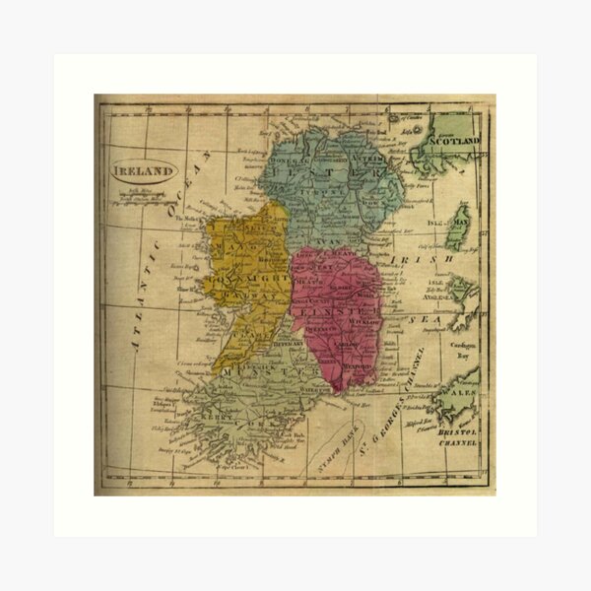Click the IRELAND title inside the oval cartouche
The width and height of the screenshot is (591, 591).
click(143, 169)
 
